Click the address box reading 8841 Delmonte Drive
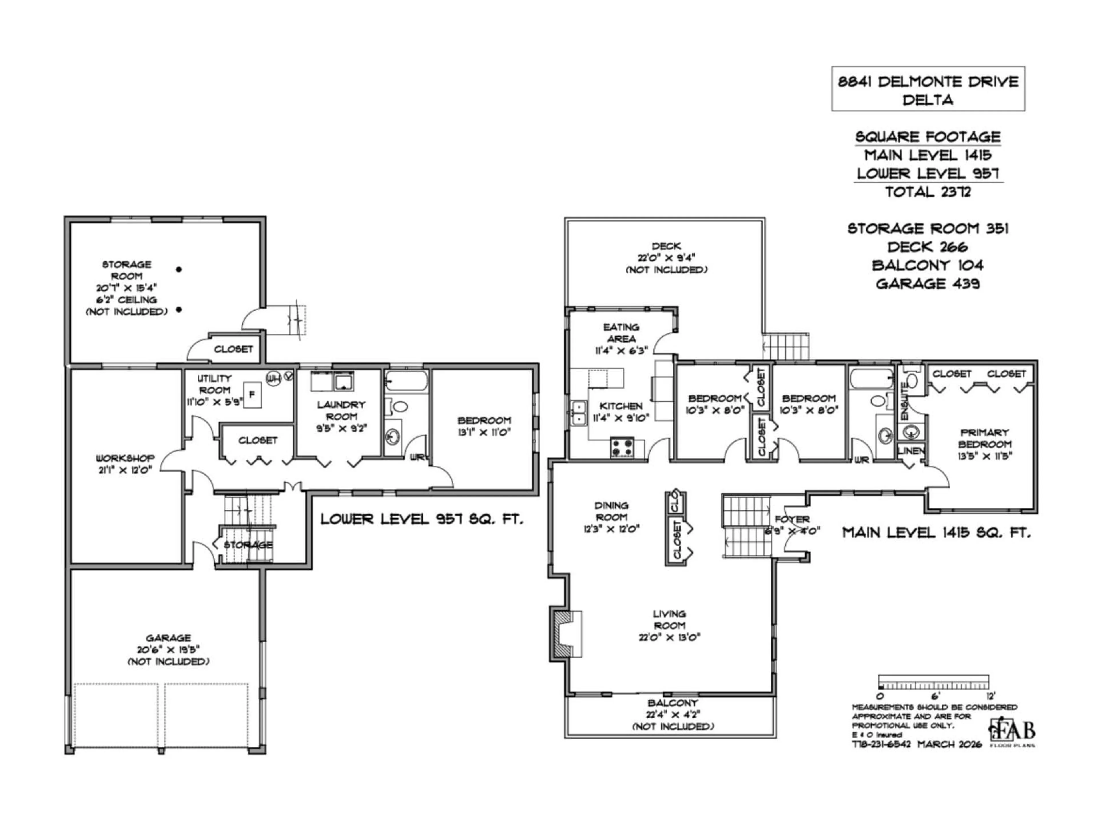point(928,89)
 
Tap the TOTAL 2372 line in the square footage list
point(928,191)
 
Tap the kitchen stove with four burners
point(622,446)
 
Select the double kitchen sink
point(578,413)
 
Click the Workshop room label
point(125,463)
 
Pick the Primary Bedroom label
point(984,444)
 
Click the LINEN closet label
point(911,450)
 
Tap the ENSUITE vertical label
point(904,401)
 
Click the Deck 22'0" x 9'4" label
point(666,257)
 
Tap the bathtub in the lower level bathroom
point(406,381)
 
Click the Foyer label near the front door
point(792,524)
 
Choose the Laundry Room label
point(341,416)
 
